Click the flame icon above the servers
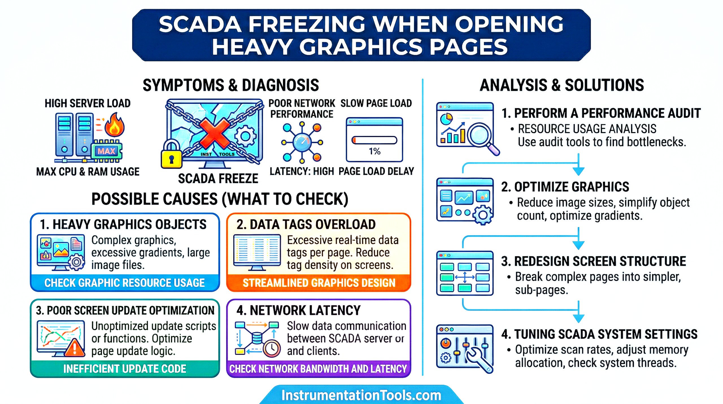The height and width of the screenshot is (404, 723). point(114,125)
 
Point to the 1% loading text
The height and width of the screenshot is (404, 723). point(374,152)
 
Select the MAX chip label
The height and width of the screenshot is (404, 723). point(106,151)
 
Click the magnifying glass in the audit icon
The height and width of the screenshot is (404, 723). point(480,136)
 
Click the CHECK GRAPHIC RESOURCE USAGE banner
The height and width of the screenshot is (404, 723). point(125,283)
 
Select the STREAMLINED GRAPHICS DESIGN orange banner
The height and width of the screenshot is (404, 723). point(319,283)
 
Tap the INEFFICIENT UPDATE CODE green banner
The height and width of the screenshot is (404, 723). point(125,369)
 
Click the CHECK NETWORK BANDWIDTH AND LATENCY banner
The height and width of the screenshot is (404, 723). point(318,369)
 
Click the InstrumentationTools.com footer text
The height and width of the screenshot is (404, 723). point(361,395)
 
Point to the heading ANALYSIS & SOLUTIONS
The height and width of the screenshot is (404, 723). point(562,85)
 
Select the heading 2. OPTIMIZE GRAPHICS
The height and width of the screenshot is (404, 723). point(565,187)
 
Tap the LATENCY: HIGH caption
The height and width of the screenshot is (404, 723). point(302,171)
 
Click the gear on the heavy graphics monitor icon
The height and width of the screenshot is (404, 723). point(76,262)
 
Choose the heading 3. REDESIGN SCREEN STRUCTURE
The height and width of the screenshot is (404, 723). point(593,261)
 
